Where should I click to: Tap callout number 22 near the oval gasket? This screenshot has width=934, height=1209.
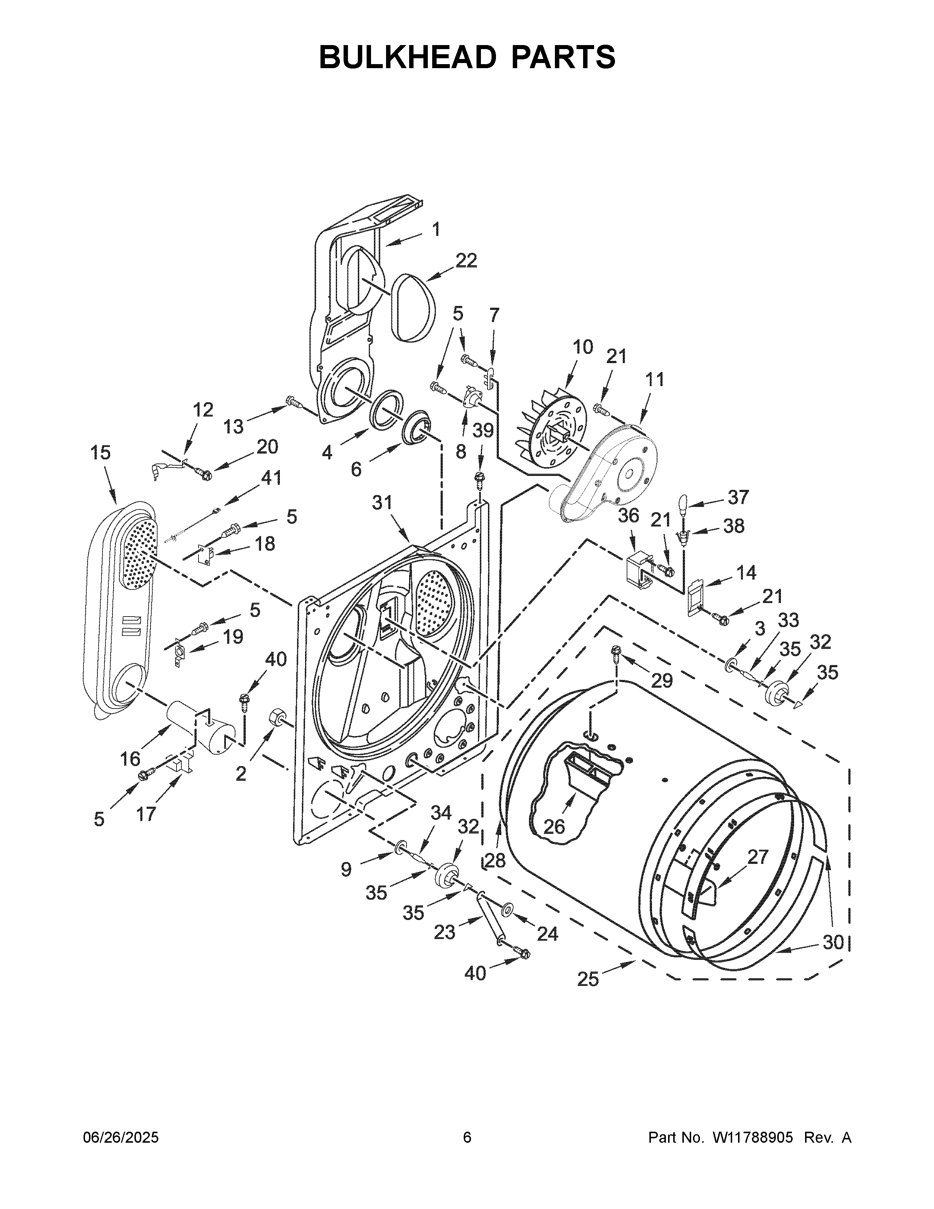coord(466,260)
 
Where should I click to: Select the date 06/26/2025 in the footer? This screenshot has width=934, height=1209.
coord(121,1138)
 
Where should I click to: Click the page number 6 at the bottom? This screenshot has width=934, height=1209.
coord(467,1138)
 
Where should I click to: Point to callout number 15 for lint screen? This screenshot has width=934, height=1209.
coord(101,453)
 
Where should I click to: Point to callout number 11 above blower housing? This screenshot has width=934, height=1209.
coord(654,380)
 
